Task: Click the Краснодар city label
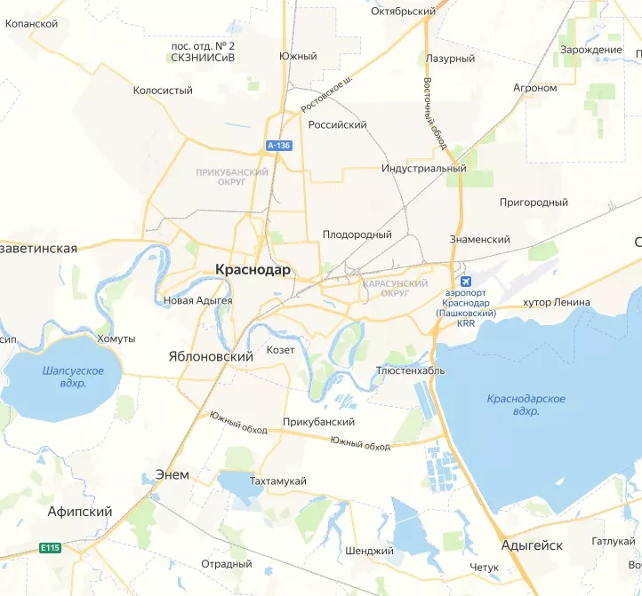[253, 270]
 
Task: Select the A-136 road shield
[278, 145]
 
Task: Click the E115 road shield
[50, 547]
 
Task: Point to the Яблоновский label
[205, 355]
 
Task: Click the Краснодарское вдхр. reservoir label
[526, 405]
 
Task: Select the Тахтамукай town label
[278, 481]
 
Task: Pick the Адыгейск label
[532, 545]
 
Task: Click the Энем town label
[172, 474]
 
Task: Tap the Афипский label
[80, 512]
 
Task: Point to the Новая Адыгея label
[198, 300]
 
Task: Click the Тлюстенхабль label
[410, 370]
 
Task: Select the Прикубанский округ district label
[232, 177]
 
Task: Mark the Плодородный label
[357, 234]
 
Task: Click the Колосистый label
[163, 91]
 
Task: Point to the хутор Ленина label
[557, 302]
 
